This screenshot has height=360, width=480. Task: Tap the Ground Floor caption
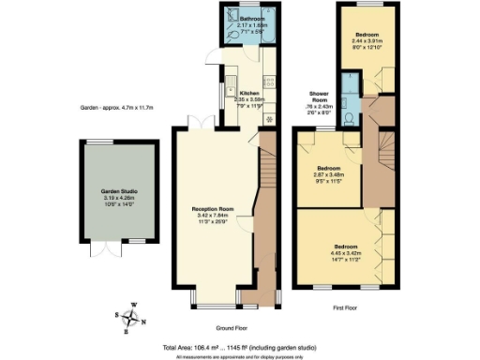(231, 328)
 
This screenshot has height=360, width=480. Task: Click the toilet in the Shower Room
(348, 117)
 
